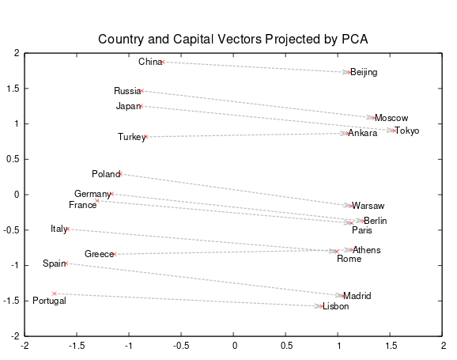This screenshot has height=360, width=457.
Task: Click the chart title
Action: pyautogui.click(x=233, y=39)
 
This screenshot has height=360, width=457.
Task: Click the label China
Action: pyautogui.click(x=149, y=62)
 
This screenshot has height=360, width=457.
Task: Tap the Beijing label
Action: pyautogui.click(x=364, y=73)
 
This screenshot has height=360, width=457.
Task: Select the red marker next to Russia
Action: pyautogui.click(x=141, y=91)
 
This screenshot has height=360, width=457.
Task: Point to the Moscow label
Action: pyautogui.click(x=391, y=118)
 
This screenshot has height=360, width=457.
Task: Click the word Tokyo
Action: pyautogui.click(x=407, y=131)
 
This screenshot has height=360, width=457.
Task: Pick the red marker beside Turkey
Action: pyautogui.click(x=146, y=137)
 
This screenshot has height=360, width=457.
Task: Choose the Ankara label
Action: pyautogui.click(x=363, y=133)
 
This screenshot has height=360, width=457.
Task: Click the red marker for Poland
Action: pyautogui.click(x=119, y=174)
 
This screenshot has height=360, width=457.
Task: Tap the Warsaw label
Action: pyautogui.click(x=368, y=206)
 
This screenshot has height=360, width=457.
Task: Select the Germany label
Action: pyautogui.click(x=93, y=194)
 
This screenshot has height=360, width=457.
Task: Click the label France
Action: pyautogui.click(x=83, y=205)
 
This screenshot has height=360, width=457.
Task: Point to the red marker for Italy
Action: pyautogui.click(x=67, y=229)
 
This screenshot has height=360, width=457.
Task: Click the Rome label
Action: pyautogui.click(x=349, y=259)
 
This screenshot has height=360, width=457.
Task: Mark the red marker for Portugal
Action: pyautogui.click(x=54, y=294)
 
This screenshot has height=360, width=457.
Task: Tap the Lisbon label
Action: pyautogui.click(x=335, y=306)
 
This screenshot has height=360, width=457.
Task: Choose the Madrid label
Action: pyautogui.click(x=357, y=296)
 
